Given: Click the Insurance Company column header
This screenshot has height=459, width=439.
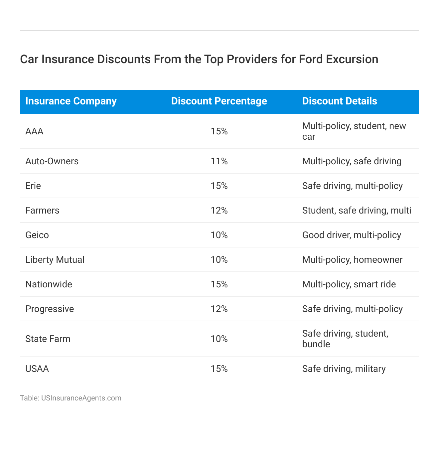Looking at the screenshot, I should (71, 101).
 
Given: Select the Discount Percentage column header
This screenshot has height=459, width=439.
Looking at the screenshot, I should (219, 101).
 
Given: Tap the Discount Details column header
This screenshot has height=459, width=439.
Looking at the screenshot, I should (340, 101).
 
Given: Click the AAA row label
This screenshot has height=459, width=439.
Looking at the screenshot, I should (34, 131).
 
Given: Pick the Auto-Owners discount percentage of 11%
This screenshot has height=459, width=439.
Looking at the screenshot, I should (219, 161).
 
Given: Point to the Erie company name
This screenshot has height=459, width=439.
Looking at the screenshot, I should (33, 186).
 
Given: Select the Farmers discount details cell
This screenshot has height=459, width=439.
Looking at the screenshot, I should (357, 211).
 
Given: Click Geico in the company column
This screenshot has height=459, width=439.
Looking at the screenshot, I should (37, 235).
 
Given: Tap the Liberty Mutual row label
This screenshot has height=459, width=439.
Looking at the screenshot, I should (55, 260).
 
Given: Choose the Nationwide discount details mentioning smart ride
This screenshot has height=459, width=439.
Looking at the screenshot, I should (349, 284).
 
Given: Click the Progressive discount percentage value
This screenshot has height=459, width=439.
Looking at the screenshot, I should (219, 309).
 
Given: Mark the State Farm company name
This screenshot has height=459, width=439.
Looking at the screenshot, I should (48, 339).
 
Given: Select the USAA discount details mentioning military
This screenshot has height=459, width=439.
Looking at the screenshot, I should (344, 369).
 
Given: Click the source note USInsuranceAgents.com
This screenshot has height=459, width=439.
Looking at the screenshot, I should (81, 398).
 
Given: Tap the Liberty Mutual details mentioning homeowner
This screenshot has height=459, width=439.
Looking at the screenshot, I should (352, 260).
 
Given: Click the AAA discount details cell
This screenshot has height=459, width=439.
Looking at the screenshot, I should (354, 131).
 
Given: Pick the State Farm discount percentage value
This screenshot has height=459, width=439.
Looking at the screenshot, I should (219, 339).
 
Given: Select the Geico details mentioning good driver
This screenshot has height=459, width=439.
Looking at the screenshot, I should (352, 235).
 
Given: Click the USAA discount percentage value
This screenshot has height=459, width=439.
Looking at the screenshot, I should (219, 369).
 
